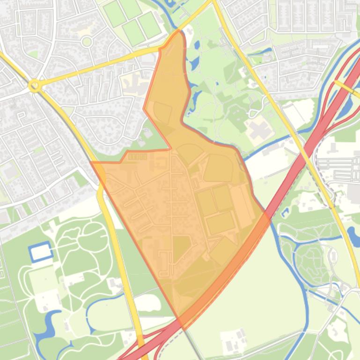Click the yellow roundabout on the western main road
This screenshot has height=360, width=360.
[x=34, y=86]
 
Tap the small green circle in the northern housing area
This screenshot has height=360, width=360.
[x=87, y=42]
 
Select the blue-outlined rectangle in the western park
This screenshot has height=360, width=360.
[x=40, y=252]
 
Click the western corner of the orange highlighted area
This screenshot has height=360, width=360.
[x=91, y=163]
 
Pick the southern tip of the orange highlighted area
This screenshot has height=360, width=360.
[x=180, y=328]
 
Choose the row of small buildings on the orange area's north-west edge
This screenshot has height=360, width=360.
[x=137, y=157]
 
